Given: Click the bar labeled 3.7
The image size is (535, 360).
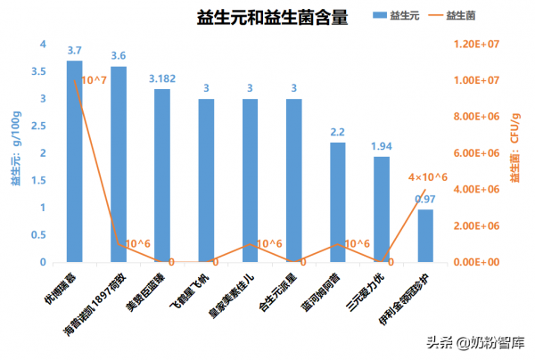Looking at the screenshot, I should (x=75, y=160).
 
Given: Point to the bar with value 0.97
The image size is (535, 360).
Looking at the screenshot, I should (x=425, y=235).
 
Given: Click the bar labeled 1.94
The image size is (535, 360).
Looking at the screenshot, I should (x=382, y=209).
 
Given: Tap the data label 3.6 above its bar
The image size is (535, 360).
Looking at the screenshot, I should (x=119, y=55).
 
